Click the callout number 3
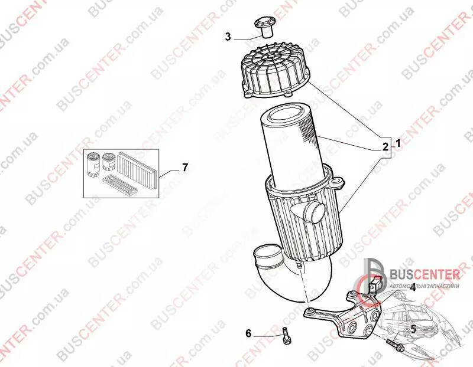[x=228, y=37]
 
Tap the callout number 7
[x=185, y=167]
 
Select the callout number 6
[x=248, y=333]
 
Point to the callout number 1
[x=398, y=143]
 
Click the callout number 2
[x=385, y=147]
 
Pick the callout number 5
[x=413, y=329]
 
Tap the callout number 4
[x=412, y=288]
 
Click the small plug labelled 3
[x=264, y=27]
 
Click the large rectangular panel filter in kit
[x=137, y=169]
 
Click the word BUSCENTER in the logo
[x=425, y=274]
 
